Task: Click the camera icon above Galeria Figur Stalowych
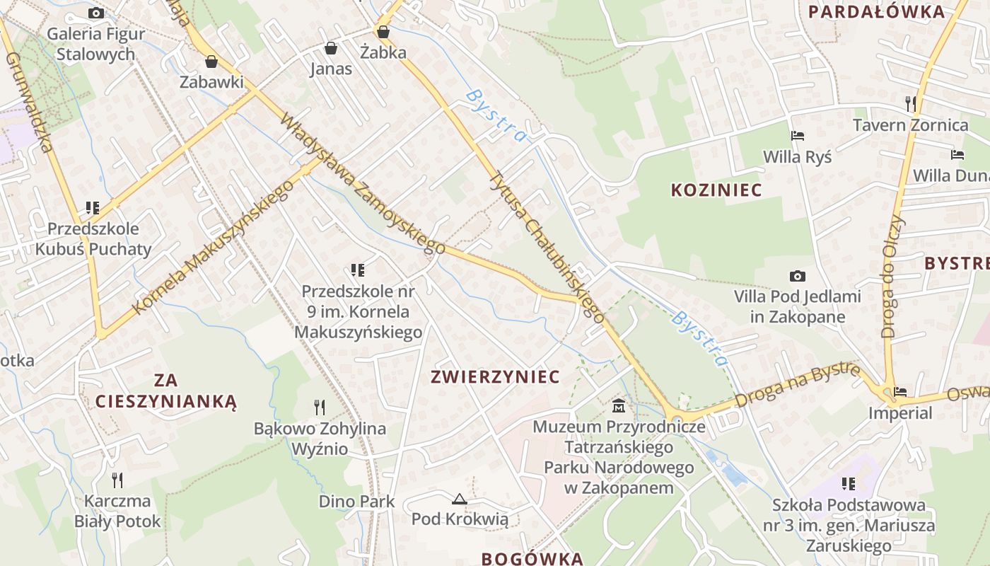[96, 13]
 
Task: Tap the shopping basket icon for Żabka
[383, 32]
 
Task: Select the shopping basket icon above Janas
[330, 48]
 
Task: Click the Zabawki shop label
[211, 81]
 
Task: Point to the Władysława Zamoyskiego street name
[362, 183]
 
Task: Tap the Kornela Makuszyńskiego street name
[213, 247]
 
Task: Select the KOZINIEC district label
[716, 190]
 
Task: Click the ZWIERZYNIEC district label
[495, 376]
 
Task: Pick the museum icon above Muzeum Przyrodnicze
[619, 406]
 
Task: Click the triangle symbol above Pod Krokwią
[460, 499]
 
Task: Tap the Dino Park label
[356, 502]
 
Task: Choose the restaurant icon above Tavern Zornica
[910, 104]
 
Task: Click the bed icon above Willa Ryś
[797, 136]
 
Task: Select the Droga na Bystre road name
[797, 386]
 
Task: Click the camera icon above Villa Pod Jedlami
[797, 276]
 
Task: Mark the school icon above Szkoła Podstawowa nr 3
[849, 484]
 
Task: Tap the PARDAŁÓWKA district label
[876, 11]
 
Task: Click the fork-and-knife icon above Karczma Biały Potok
[117, 480]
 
